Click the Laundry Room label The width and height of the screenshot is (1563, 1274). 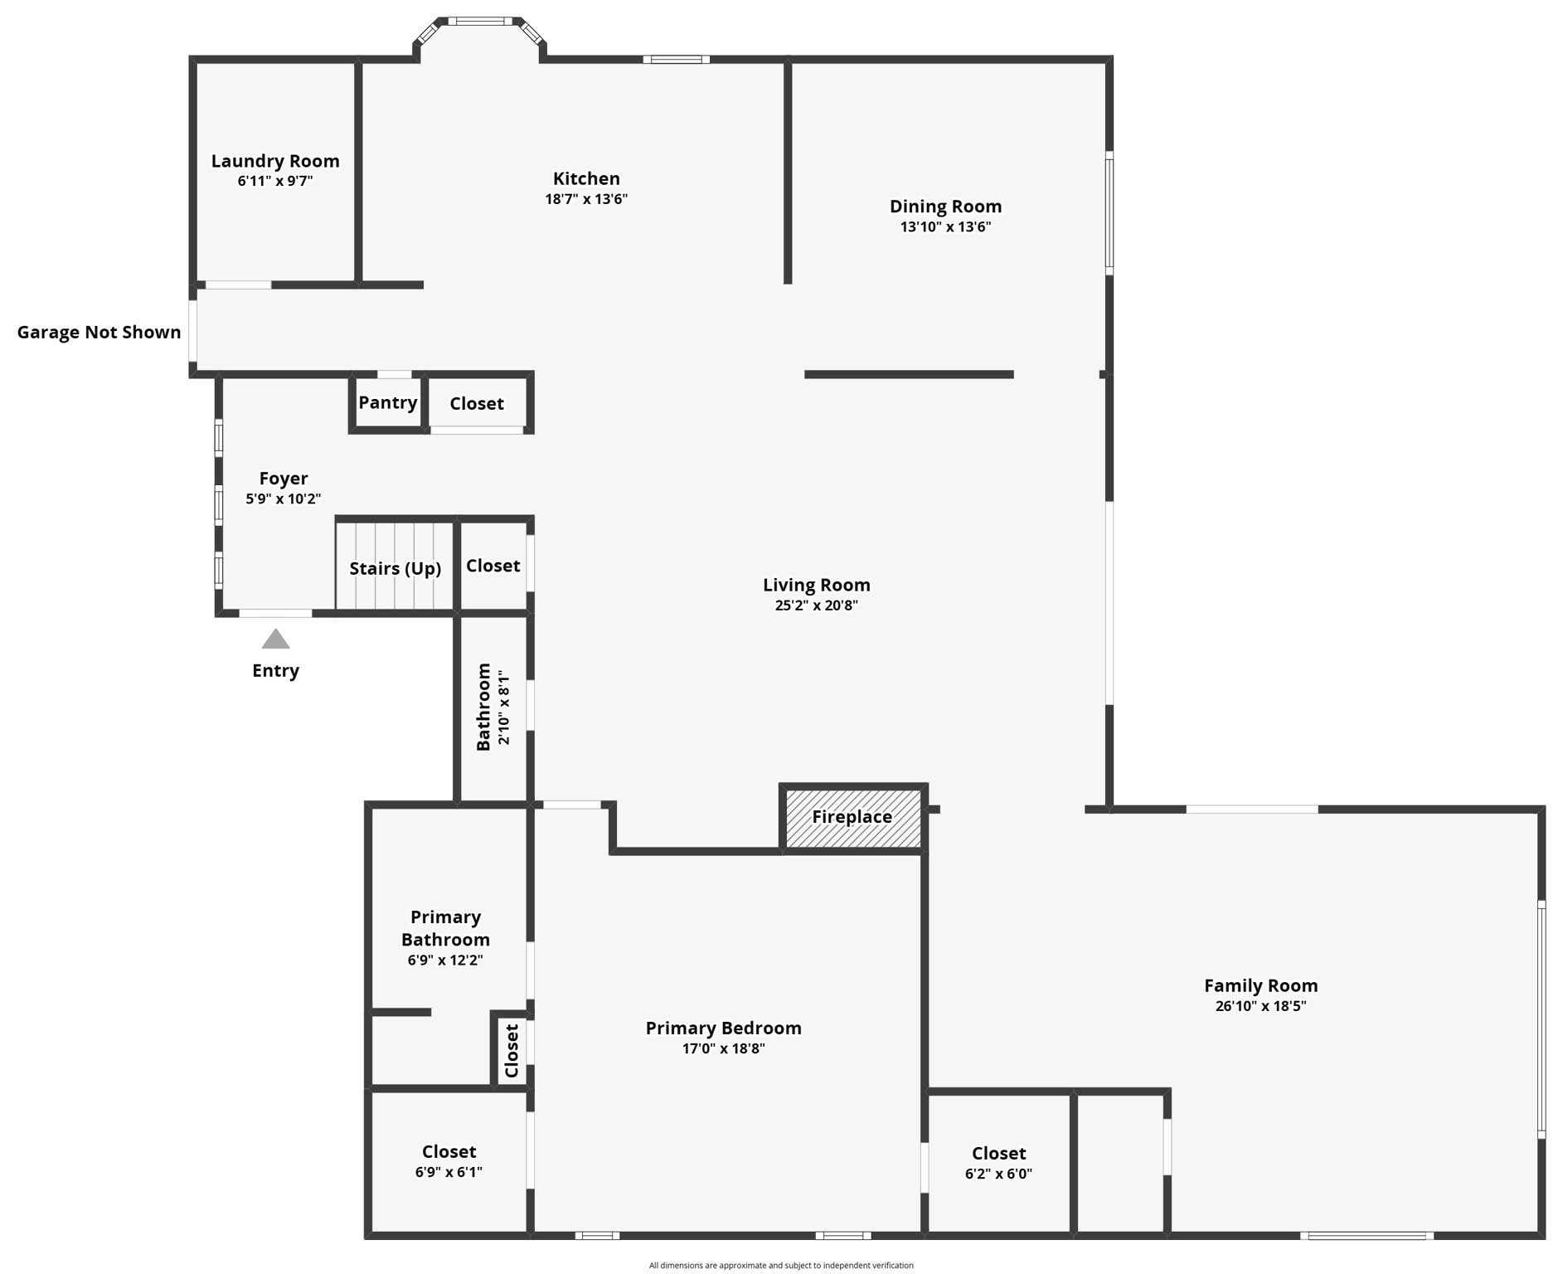click(x=275, y=161)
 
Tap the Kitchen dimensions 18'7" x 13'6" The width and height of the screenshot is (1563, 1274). click(x=586, y=199)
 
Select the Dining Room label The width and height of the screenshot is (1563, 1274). click(x=945, y=207)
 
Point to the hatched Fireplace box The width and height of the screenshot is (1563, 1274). click(x=852, y=818)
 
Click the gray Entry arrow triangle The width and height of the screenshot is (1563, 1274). click(x=275, y=639)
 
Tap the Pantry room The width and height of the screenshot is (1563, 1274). click(x=387, y=403)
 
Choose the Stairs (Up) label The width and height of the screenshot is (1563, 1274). click(x=395, y=569)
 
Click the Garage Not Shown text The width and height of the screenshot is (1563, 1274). click(x=99, y=333)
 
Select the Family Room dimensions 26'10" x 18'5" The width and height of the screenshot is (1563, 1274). click(x=1260, y=1006)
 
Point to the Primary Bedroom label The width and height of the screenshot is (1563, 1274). click(x=723, y=1028)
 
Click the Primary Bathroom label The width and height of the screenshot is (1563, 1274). click(x=445, y=928)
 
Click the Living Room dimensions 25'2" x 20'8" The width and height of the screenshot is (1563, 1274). click(x=816, y=605)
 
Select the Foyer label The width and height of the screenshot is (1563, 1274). click(x=284, y=479)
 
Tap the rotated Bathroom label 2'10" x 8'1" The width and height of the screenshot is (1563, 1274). click(x=493, y=708)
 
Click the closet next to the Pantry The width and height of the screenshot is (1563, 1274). click(x=477, y=404)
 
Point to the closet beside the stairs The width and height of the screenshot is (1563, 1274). click(x=493, y=566)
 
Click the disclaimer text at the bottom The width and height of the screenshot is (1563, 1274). click(x=781, y=1265)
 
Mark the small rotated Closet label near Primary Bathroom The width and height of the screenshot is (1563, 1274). click(x=512, y=1050)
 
